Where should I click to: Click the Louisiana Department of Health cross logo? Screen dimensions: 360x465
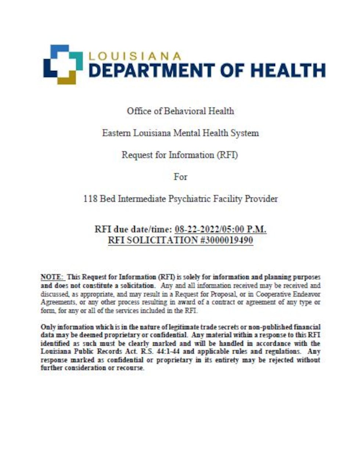(63, 64)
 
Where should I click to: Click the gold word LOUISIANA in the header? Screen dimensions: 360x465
(135, 56)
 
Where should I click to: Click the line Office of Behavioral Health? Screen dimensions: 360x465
(180, 111)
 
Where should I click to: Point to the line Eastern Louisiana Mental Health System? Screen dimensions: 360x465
(180, 133)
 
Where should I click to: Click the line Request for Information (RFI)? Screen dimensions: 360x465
(180, 155)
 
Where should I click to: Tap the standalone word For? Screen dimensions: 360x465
(180, 177)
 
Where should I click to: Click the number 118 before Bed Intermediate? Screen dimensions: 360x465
(90, 199)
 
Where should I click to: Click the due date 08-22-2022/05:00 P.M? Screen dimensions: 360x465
(220, 229)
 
